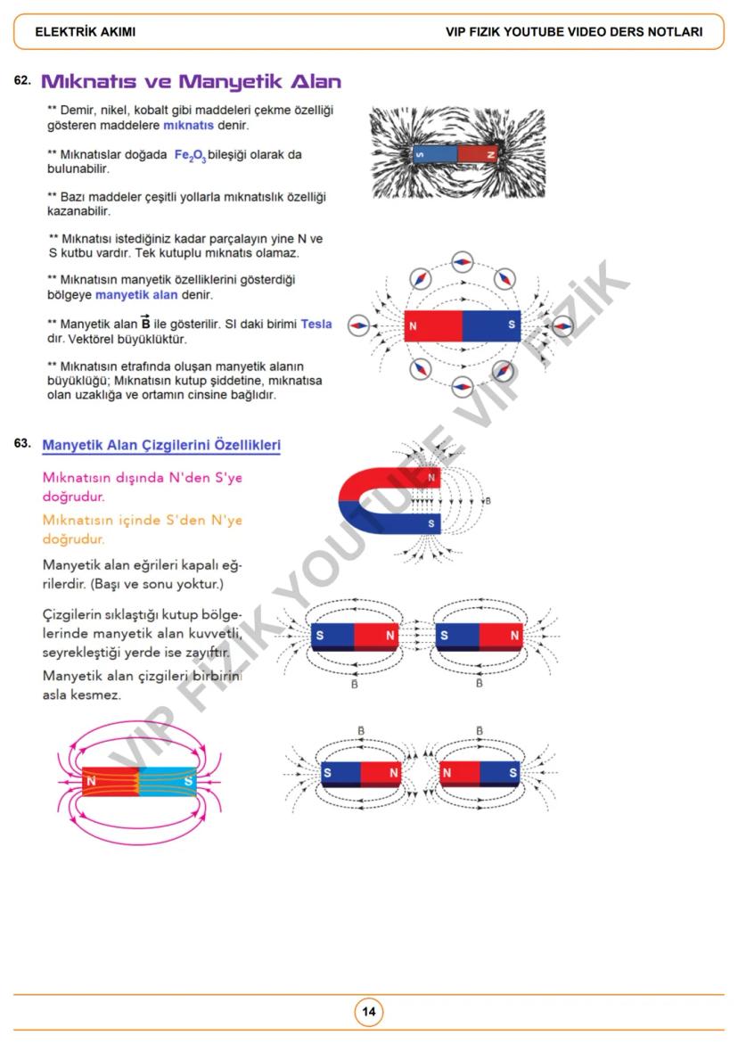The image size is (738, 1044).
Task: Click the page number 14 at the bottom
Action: (368, 1012)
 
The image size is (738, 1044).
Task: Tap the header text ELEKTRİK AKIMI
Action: (86, 32)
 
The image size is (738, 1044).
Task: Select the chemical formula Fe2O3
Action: (190, 155)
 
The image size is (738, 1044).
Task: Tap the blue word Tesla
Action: (316, 324)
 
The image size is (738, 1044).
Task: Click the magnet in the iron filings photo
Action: (457, 153)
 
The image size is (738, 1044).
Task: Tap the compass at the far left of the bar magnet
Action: (358, 326)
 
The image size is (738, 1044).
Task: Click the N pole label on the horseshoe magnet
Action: (431, 478)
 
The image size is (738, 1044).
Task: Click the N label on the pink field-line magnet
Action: (92, 781)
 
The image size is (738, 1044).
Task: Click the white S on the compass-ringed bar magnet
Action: (511, 325)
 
